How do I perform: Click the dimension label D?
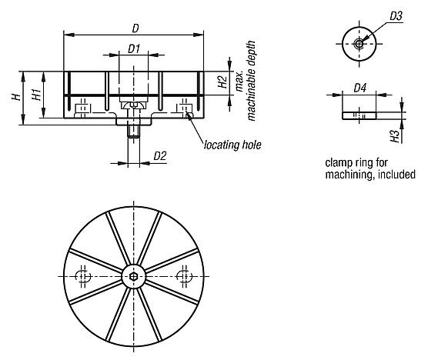click(135, 28)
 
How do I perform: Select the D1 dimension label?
click(133, 48)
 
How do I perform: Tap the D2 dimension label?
click(160, 156)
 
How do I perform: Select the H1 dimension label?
click(36, 96)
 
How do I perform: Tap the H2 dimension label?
click(220, 83)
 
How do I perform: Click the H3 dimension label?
click(395, 136)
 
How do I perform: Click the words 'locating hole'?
click(232, 144)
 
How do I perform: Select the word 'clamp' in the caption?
click(340, 163)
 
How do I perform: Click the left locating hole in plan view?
click(84, 276)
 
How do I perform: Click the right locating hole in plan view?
click(184, 276)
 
